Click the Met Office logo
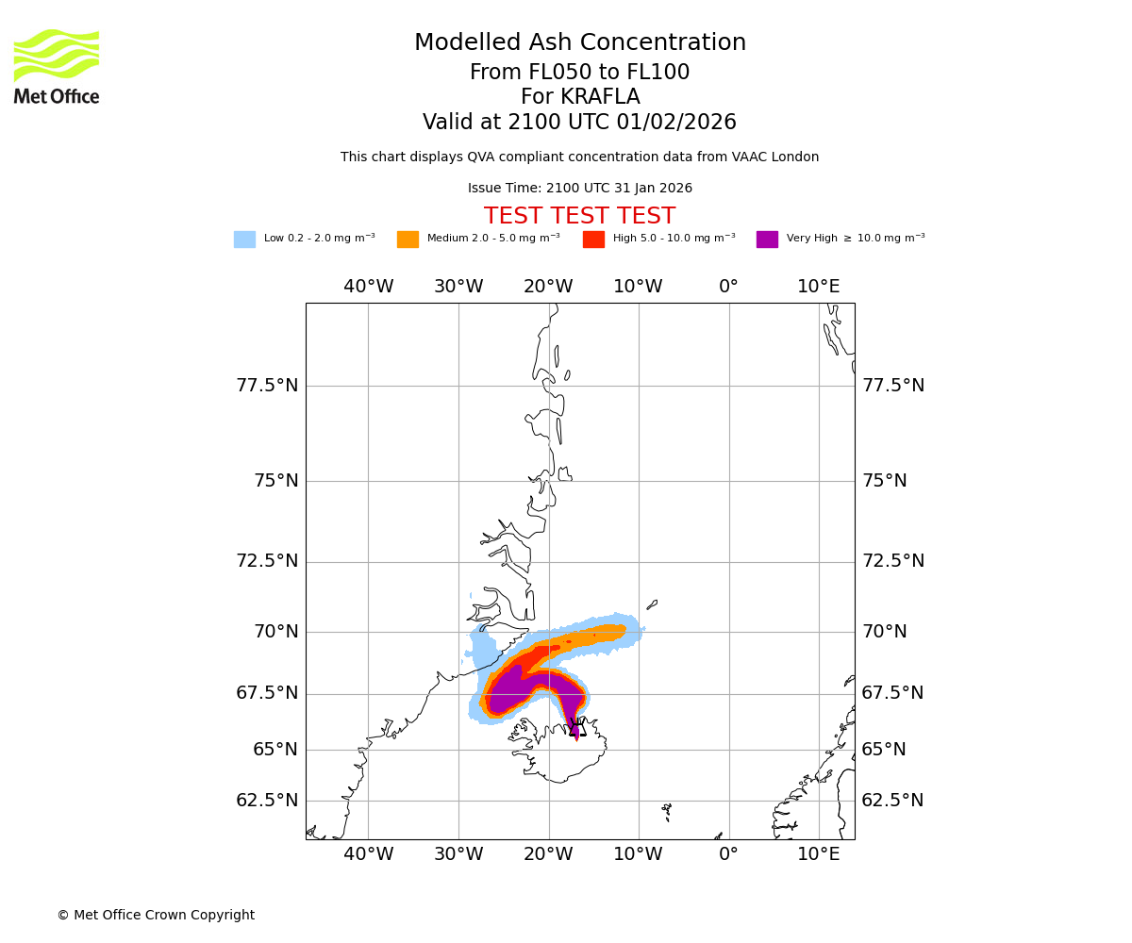[x=57, y=66]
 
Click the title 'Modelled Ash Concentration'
[x=580, y=43]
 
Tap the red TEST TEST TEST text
[x=579, y=216]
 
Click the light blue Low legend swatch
[x=244, y=240]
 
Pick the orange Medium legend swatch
[x=408, y=240]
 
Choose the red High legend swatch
[x=593, y=240]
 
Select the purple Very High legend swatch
[x=767, y=240]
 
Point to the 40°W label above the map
[x=368, y=287]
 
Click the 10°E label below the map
[x=818, y=854]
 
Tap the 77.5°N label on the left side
[x=267, y=386]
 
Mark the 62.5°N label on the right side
[x=892, y=801]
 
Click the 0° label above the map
[x=728, y=287]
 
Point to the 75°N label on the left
[x=275, y=481]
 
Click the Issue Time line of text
[x=580, y=189]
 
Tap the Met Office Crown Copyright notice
[x=156, y=916]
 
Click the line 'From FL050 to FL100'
[x=580, y=73]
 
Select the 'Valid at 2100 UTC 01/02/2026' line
[x=580, y=123]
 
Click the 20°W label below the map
[x=548, y=854]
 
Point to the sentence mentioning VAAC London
[x=580, y=157]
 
